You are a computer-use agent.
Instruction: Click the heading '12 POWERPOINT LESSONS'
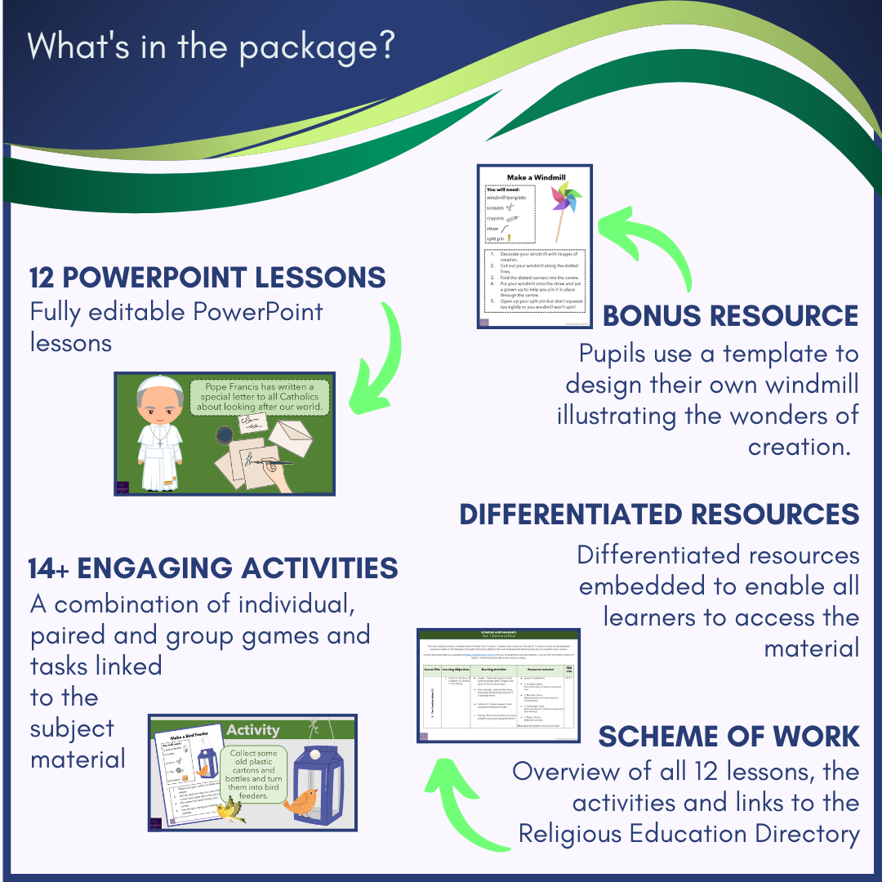[x=207, y=278]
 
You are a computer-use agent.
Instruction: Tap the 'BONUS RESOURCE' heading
[x=730, y=316]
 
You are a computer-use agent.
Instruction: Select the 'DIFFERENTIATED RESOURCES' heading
[x=659, y=514]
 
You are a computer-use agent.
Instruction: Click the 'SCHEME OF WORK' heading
[x=728, y=737]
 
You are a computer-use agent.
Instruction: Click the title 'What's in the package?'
[x=212, y=46]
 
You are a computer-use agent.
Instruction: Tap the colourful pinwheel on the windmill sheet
[x=566, y=201]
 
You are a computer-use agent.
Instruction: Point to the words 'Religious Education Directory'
[x=688, y=834]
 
